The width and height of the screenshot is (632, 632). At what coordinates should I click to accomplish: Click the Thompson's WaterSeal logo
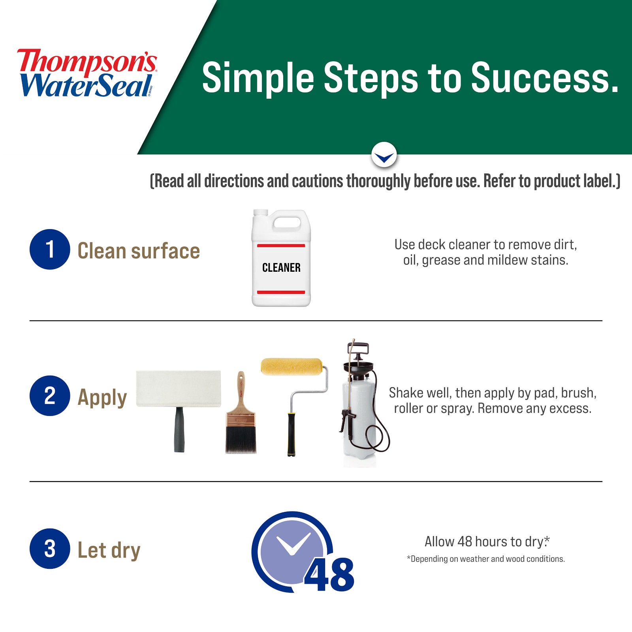[87, 73]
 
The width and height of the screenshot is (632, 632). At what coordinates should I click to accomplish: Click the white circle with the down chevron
[384, 155]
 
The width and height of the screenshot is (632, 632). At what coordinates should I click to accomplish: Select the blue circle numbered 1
[50, 249]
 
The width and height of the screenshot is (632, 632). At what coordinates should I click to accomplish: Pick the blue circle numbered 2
[50, 395]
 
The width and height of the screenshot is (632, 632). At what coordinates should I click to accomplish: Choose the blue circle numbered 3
[50, 549]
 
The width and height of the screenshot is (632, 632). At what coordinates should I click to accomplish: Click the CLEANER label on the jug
[281, 268]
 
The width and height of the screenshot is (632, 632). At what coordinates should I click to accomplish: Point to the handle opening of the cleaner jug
[287, 223]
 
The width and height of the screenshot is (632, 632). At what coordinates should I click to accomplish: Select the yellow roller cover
[292, 366]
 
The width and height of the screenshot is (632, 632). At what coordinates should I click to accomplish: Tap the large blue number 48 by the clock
[330, 575]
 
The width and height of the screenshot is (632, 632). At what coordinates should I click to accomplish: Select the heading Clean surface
[139, 251]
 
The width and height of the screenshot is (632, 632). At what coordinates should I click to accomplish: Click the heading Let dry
[109, 550]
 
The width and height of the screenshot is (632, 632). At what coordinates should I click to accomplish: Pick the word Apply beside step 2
[102, 397]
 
